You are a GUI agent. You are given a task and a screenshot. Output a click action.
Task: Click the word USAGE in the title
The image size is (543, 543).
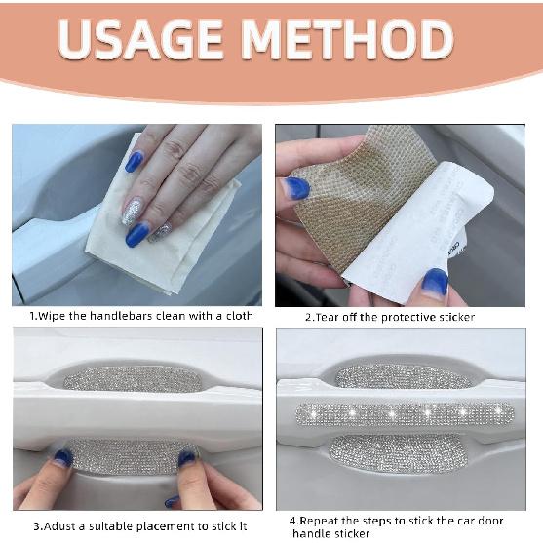tap(140, 39)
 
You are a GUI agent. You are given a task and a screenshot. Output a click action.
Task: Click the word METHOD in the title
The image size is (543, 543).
tap(347, 39)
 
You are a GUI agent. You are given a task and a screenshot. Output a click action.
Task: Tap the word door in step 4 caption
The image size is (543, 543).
tap(490, 521)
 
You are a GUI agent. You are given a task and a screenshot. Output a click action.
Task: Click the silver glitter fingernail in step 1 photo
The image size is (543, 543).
tap(132, 211)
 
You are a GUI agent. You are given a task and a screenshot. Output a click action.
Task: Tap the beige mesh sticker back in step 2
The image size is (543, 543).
tap(357, 194)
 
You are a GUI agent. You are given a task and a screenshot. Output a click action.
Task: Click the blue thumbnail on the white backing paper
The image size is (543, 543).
tap(435, 282)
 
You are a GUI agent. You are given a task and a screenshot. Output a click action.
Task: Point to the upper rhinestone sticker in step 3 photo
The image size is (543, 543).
tap(133, 379)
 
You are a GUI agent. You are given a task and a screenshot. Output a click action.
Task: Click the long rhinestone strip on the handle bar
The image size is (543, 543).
tap(405, 413)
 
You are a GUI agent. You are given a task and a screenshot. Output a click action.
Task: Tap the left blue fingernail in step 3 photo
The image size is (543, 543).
tap(63, 458)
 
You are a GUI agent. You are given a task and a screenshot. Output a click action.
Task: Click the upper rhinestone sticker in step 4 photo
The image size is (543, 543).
tap(404, 376)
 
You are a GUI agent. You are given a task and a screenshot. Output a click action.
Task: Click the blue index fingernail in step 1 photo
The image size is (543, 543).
tap(134, 162)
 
